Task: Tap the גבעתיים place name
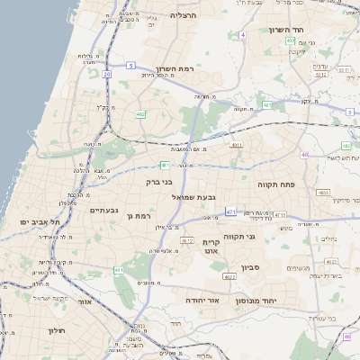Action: coord(105,211)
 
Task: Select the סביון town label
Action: coord(249,267)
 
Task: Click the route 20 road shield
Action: coord(106,74)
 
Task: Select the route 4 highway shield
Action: coord(242,35)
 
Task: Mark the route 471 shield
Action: coord(231,212)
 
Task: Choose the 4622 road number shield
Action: coord(230,277)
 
